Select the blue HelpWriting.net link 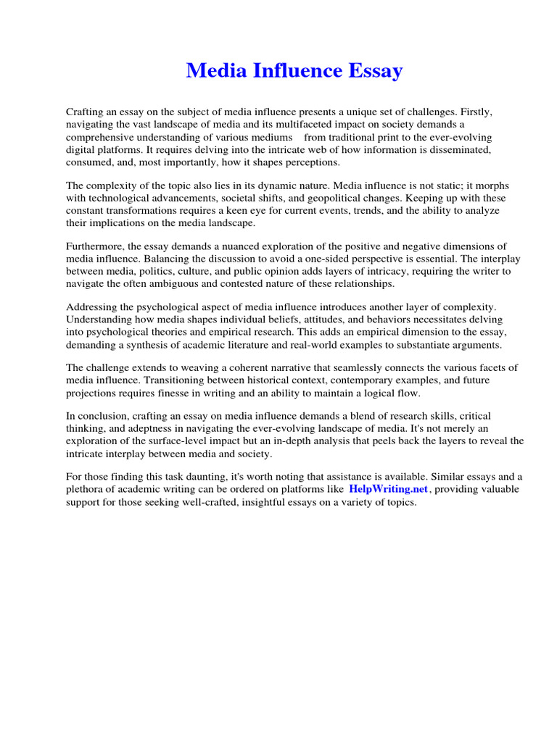coord(389,489)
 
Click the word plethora coord(86,489)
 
